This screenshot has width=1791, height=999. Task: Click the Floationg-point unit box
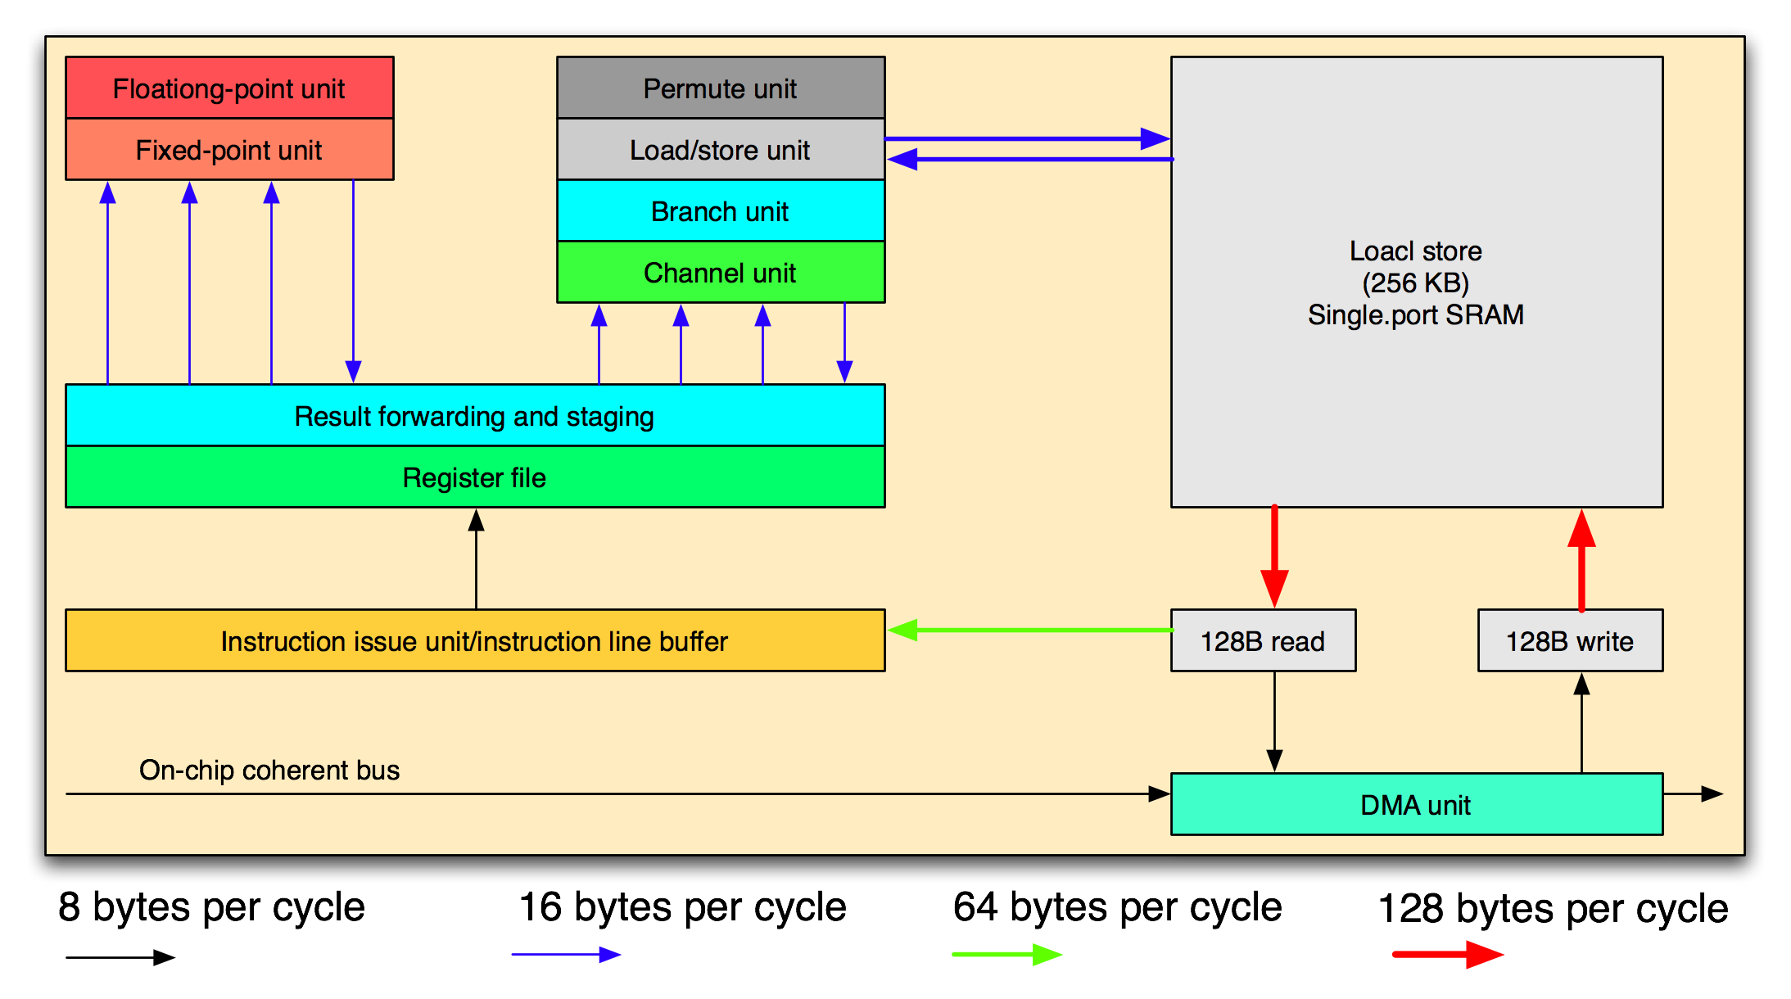point(229,88)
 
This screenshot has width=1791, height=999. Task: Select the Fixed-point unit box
point(229,150)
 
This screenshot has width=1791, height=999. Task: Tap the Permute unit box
point(721,88)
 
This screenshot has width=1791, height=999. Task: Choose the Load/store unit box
point(721,150)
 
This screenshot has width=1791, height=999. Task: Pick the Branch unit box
point(721,211)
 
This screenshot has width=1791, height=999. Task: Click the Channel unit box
point(721,273)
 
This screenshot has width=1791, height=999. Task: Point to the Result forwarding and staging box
point(475,416)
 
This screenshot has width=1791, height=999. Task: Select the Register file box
point(475,477)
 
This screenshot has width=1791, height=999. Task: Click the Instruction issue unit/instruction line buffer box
point(475,641)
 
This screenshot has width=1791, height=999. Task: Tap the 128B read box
point(1263,641)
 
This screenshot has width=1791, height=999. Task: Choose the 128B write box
point(1570,641)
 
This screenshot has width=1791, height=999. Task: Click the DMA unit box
point(1416,805)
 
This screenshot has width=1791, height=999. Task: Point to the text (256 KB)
point(1416,283)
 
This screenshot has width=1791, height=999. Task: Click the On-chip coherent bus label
point(269,771)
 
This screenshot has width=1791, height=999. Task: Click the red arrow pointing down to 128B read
point(1274,557)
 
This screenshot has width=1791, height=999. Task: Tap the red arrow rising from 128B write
point(1581,560)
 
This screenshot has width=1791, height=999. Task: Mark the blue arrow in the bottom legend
point(566,955)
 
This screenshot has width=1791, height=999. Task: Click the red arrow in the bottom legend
point(1448,955)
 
